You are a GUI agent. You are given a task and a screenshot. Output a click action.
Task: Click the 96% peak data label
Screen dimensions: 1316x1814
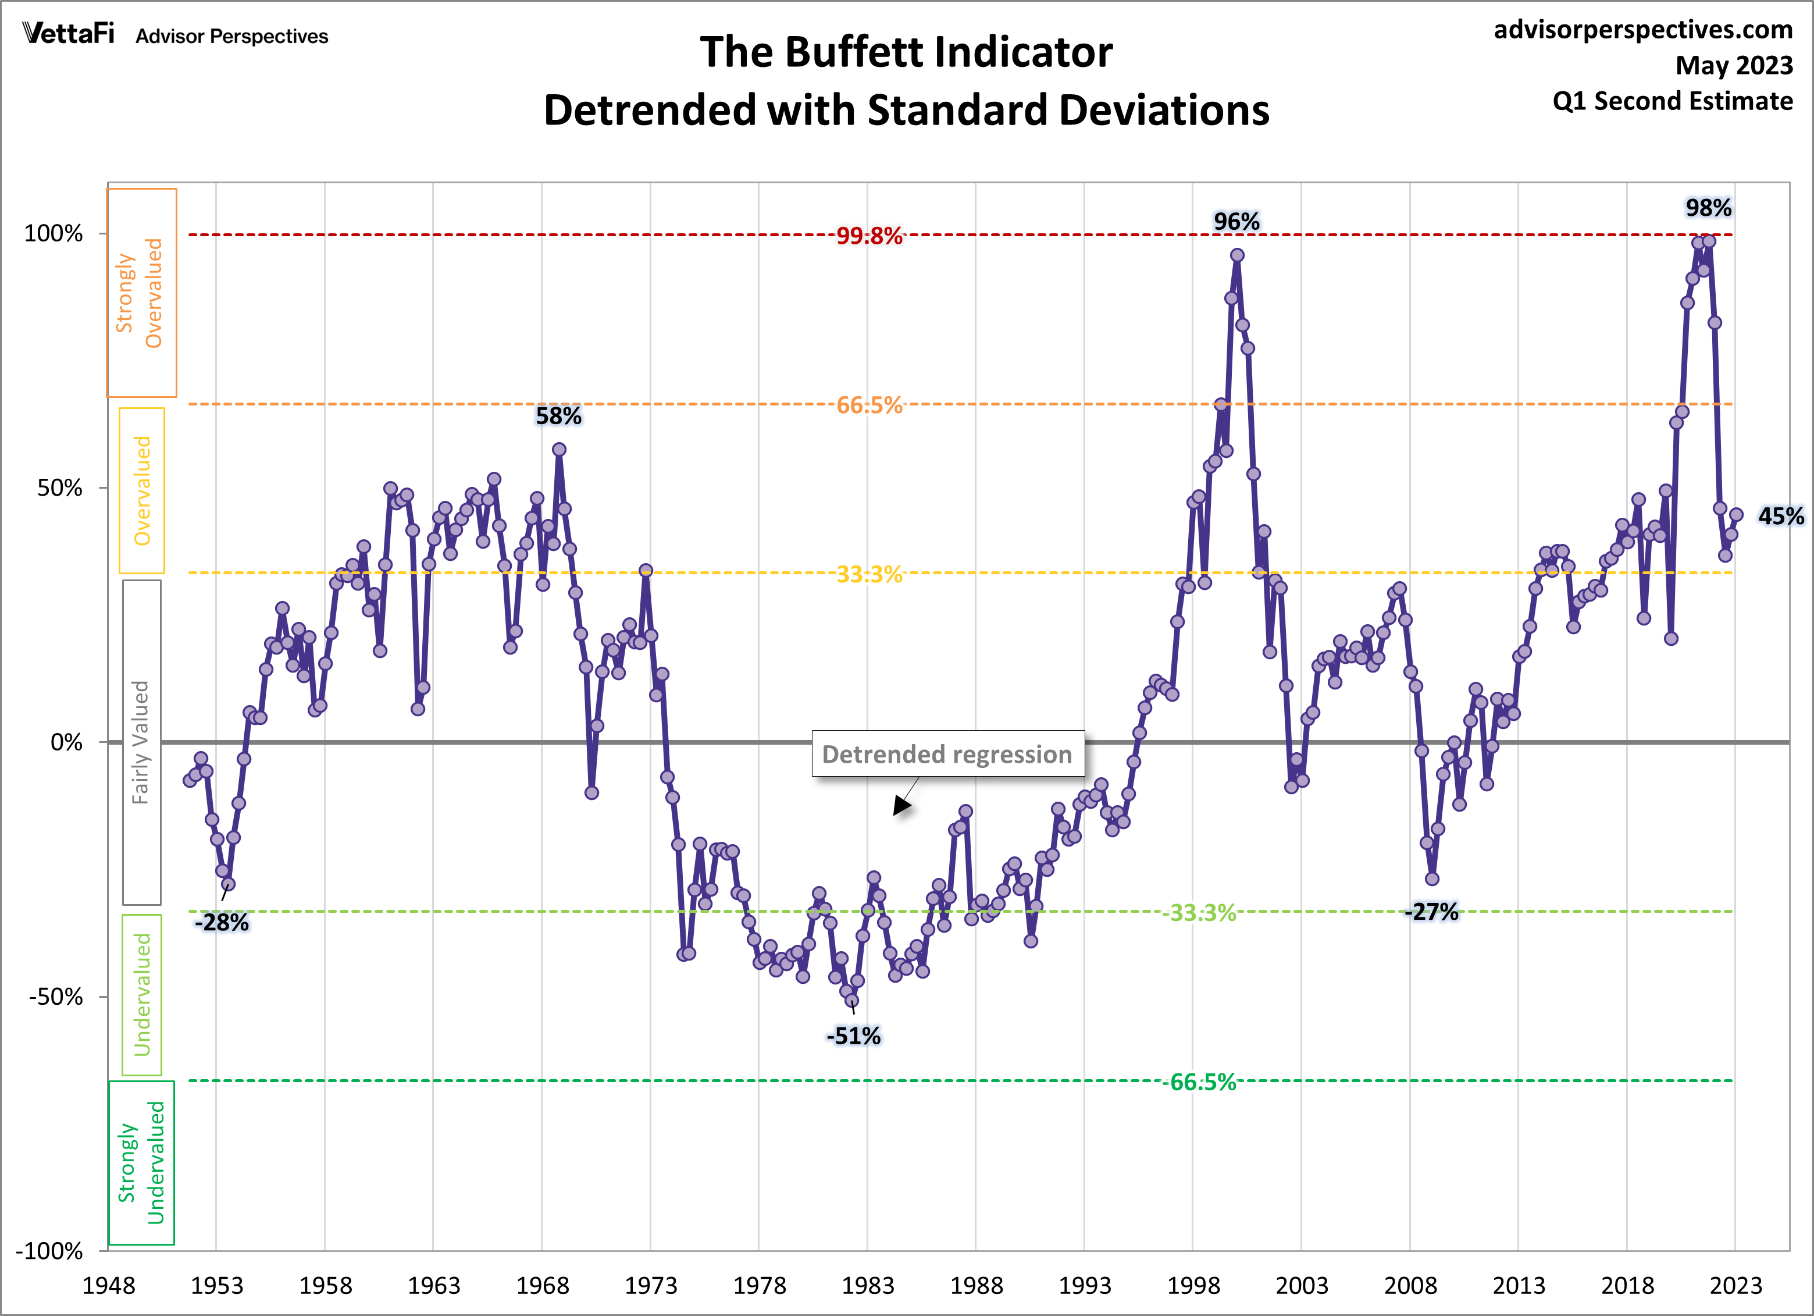(x=1236, y=222)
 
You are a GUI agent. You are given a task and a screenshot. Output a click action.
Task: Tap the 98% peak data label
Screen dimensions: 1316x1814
(x=1708, y=208)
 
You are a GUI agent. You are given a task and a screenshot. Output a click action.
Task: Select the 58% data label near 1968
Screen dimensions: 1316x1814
(x=558, y=416)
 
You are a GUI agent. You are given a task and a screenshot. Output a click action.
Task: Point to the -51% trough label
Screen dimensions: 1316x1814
(x=853, y=1036)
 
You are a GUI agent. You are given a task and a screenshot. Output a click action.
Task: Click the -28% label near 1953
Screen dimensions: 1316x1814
(x=222, y=922)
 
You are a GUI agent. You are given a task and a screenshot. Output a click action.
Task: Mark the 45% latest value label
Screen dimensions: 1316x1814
(x=1780, y=516)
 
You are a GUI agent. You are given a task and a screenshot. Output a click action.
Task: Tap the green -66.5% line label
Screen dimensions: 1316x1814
(x=1200, y=1082)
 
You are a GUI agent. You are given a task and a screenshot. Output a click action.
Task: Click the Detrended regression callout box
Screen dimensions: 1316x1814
(x=948, y=753)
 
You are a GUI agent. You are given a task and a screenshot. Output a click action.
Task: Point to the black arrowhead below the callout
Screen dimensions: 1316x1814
(x=901, y=806)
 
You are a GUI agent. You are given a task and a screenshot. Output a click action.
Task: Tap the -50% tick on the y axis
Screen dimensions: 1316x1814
(x=56, y=997)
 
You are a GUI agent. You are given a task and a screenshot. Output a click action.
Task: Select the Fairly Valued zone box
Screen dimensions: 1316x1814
(x=141, y=742)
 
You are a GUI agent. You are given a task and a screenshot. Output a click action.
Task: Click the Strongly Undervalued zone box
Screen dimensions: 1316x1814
(x=141, y=1162)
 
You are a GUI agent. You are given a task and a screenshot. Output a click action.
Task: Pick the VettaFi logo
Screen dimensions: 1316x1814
(x=69, y=34)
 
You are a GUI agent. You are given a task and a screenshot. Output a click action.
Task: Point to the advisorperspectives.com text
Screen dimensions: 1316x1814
(x=1643, y=30)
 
